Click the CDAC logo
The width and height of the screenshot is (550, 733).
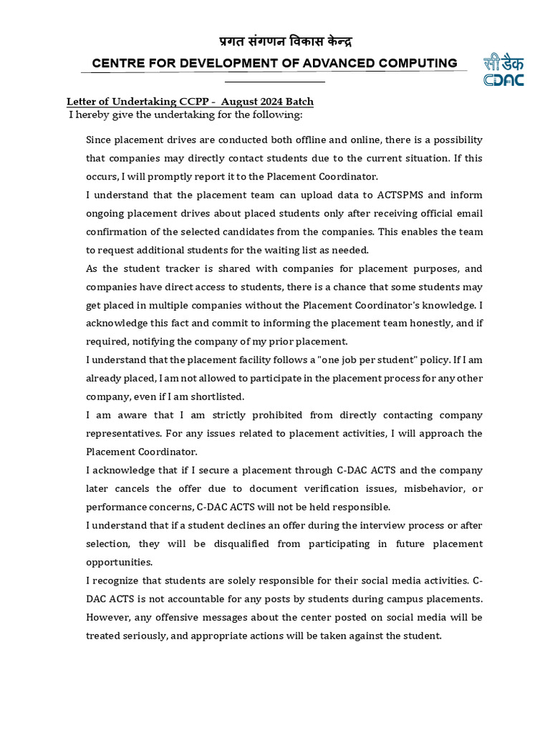coord(503,69)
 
